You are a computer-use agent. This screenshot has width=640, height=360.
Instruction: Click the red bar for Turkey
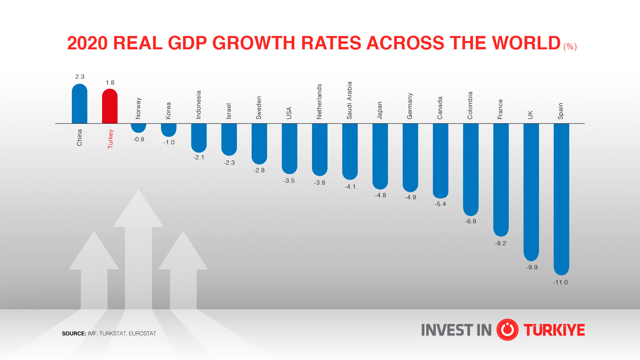[x=110, y=107]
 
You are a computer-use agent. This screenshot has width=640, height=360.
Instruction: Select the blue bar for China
[x=80, y=104]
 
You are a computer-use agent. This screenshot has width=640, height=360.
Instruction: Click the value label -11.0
[x=560, y=282]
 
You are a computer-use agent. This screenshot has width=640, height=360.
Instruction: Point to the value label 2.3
[x=80, y=77]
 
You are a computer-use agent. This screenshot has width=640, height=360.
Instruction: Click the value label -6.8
[x=471, y=221]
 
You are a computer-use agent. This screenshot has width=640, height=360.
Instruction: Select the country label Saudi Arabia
[x=349, y=100]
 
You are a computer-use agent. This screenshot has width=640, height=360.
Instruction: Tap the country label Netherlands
[x=319, y=101]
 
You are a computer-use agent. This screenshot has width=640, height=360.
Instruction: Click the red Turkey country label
[x=110, y=139]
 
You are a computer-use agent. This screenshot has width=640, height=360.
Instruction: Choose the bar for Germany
[x=410, y=157]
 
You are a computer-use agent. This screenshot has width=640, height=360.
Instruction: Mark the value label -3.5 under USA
[x=289, y=181]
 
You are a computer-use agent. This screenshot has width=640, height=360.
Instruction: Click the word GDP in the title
[x=187, y=43]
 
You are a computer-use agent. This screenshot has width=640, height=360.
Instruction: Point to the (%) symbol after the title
[x=570, y=46]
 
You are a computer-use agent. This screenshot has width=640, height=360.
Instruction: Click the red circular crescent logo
[x=507, y=330]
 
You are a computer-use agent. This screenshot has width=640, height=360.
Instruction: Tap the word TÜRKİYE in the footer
[x=554, y=330]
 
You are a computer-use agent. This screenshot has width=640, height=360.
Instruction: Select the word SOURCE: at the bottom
[x=74, y=334]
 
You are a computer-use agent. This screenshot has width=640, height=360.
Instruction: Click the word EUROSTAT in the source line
[x=142, y=334]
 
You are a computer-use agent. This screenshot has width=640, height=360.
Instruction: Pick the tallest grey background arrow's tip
[x=138, y=192]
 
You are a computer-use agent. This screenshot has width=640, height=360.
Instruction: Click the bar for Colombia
[x=471, y=169]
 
